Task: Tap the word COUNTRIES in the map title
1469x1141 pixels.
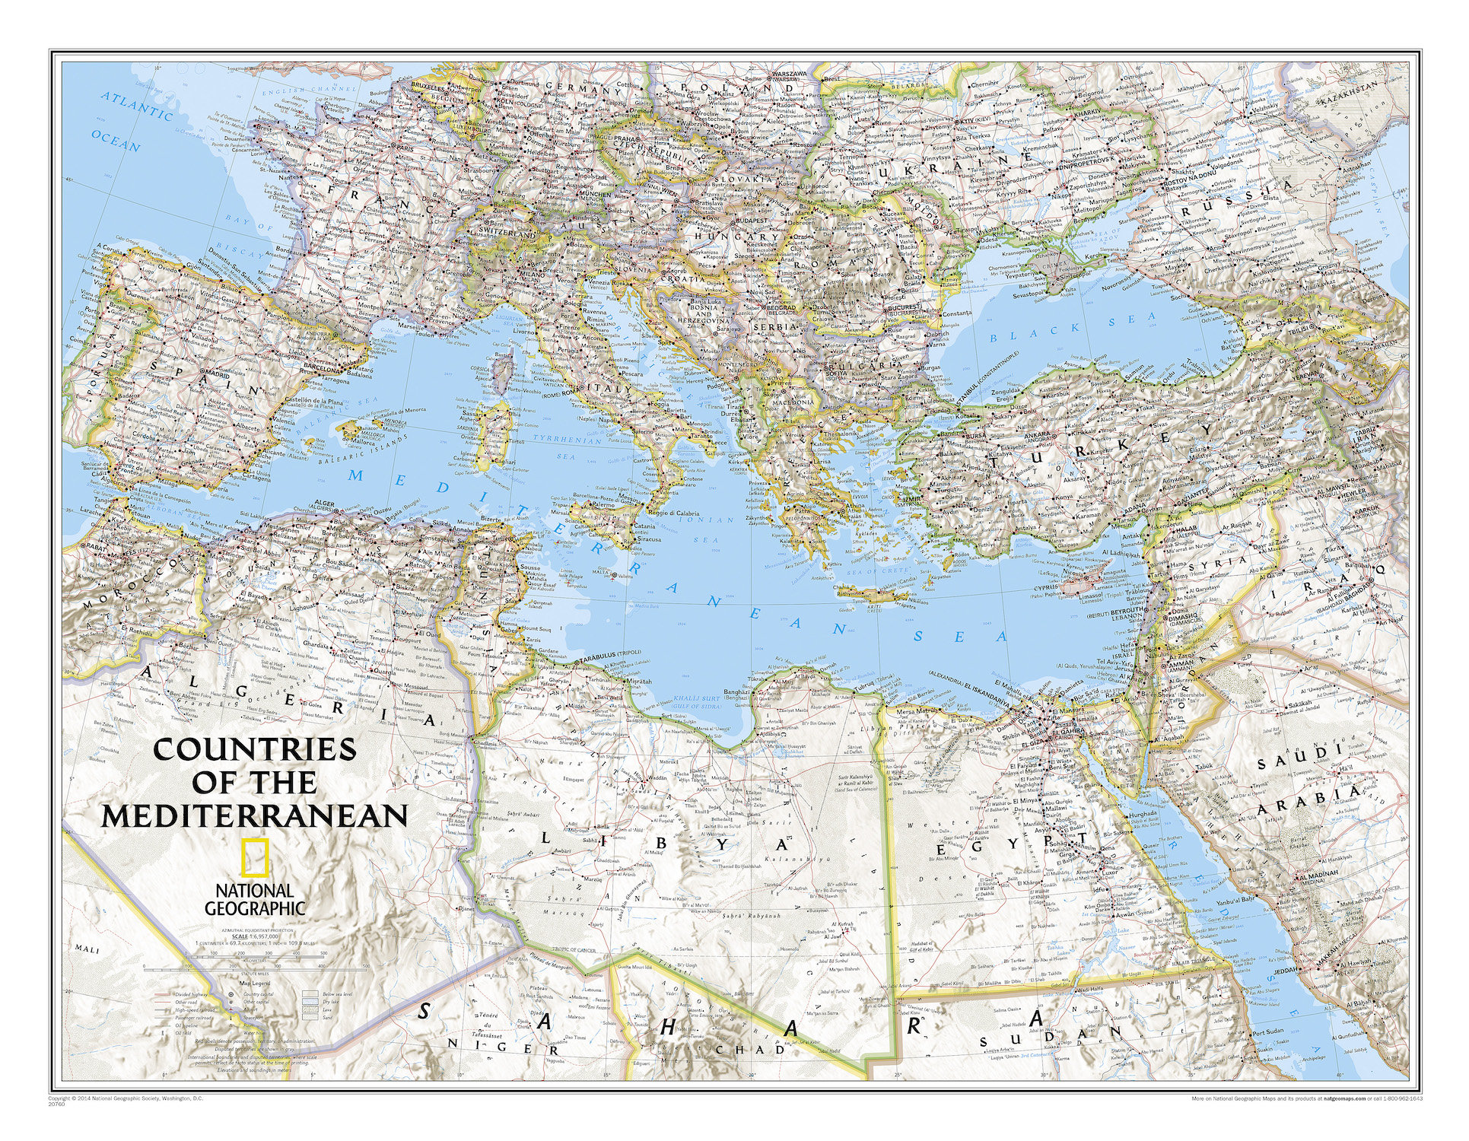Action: coord(255,749)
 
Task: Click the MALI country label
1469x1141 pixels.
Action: coord(79,948)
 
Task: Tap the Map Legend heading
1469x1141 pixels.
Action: coord(255,983)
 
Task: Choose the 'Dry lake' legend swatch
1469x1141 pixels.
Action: coord(310,1002)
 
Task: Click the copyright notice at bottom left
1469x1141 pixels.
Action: coord(126,1098)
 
